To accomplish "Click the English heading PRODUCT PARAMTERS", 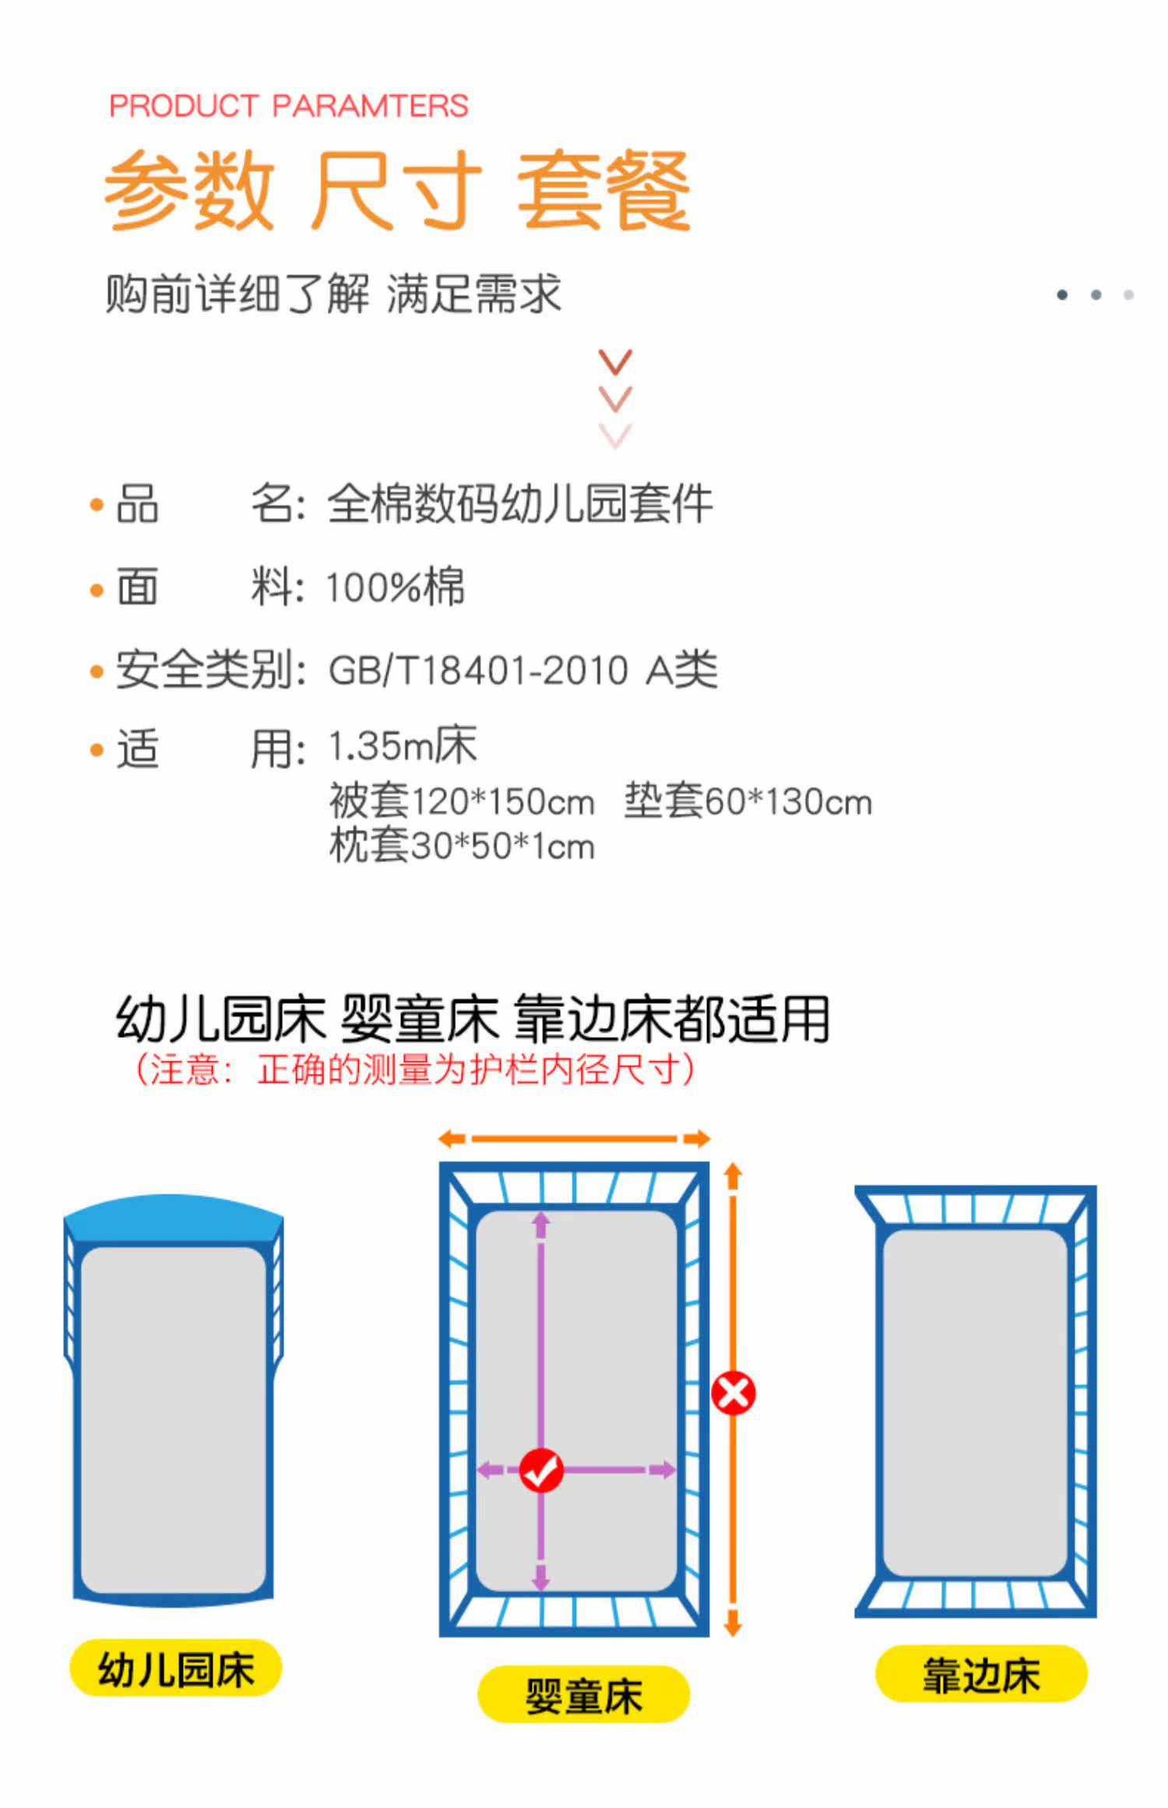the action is [x=288, y=106].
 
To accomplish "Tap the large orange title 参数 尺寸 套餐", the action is [x=397, y=191].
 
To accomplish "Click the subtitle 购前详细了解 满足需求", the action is [x=333, y=294].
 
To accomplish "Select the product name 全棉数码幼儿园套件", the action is [x=519, y=505].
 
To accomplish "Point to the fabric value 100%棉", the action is [x=395, y=587].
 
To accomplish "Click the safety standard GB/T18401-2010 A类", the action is [x=522, y=670].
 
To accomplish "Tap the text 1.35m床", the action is [x=403, y=747].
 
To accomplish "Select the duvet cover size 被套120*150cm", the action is [x=462, y=801].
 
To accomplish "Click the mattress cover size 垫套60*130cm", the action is [x=748, y=801].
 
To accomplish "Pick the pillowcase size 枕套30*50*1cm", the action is [x=462, y=846].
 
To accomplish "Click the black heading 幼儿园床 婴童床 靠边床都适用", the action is [x=473, y=1018].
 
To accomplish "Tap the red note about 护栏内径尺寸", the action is [x=415, y=1069].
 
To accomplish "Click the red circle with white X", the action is [x=734, y=1393].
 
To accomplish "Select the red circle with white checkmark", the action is [x=541, y=1470].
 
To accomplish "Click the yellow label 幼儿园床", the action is [x=176, y=1669].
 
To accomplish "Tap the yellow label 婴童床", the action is [x=584, y=1694].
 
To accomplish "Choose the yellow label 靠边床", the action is [x=981, y=1674].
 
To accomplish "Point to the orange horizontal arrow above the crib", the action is [x=575, y=1139].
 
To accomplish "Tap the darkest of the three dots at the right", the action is [x=1062, y=294].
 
